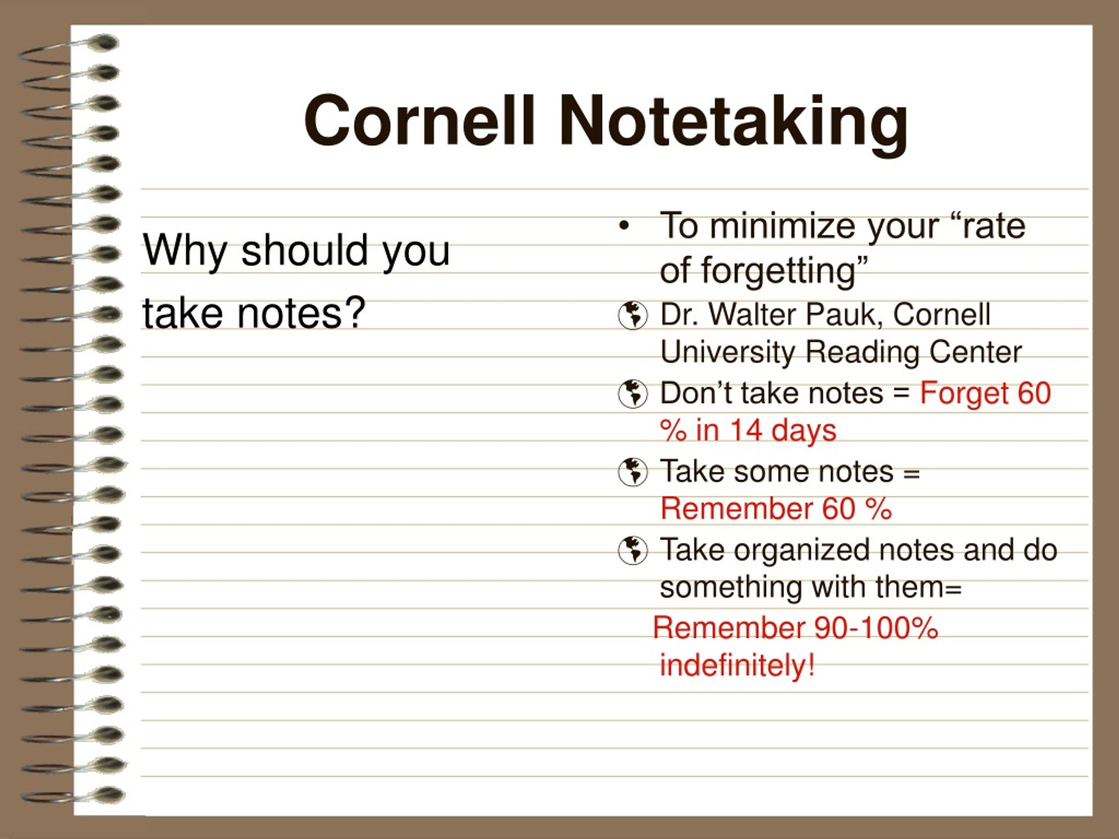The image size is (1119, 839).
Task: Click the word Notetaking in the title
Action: [x=733, y=125]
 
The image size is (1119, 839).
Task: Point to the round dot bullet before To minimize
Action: [x=625, y=226]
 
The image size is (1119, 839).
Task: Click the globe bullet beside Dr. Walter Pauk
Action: [x=632, y=315]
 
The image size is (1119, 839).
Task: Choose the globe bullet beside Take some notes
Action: [x=632, y=472]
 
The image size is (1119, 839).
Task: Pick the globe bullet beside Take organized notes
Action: [x=632, y=550]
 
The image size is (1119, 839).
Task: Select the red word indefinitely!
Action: [x=737, y=665]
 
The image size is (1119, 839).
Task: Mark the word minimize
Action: [x=785, y=225]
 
